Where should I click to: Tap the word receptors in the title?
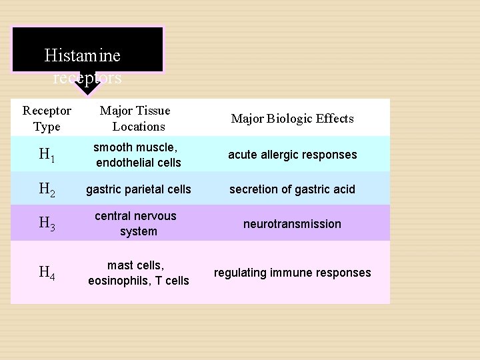tap(87, 79)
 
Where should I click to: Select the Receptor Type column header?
tap(47, 118)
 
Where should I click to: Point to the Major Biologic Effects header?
tap(292, 119)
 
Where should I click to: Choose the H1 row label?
tap(47, 155)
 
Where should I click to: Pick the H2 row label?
tap(47, 190)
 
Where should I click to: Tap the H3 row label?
tap(47, 224)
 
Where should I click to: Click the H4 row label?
tap(47, 272)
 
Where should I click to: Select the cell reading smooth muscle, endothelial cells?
tap(139, 155)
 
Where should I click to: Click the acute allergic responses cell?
tap(292, 155)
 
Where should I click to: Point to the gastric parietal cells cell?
tap(139, 189)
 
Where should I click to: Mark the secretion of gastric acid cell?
tap(292, 189)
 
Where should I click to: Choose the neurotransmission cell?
tap(292, 224)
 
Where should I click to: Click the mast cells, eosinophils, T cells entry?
tap(139, 273)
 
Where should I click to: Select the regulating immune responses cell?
tap(292, 273)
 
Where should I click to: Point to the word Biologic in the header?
tap(291, 119)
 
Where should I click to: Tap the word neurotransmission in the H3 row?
tap(292, 224)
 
